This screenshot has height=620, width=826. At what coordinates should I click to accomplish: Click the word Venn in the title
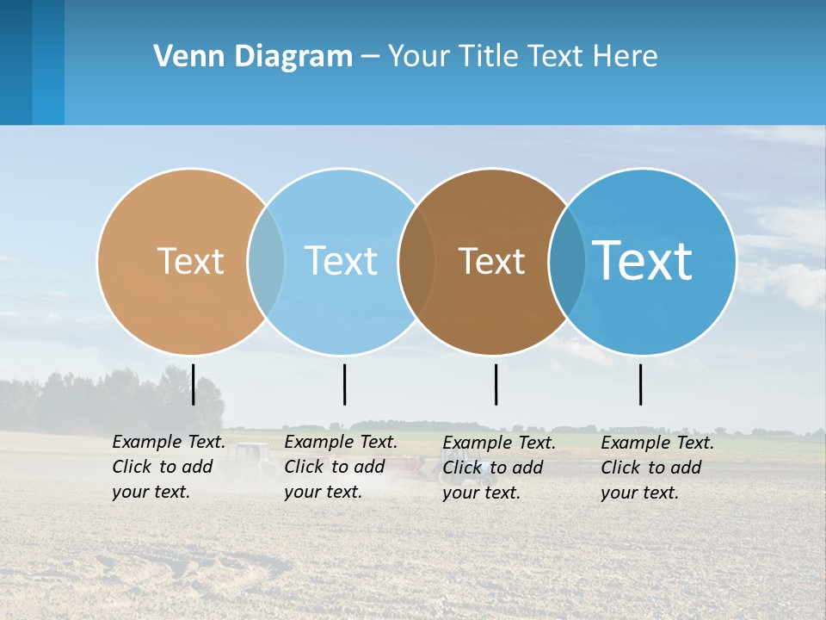click(x=182, y=57)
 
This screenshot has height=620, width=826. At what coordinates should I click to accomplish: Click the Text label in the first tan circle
click(x=190, y=261)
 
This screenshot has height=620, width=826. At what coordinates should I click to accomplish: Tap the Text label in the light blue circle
click(x=341, y=261)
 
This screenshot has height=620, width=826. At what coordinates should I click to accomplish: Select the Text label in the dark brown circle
click(x=491, y=261)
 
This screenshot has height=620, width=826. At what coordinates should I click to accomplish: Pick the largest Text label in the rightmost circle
click(x=642, y=260)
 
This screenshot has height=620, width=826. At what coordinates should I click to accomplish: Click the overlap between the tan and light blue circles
click(x=266, y=261)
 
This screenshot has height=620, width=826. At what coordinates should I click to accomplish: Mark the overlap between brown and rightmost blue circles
click(x=564, y=261)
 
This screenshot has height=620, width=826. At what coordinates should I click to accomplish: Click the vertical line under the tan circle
click(x=194, y=384)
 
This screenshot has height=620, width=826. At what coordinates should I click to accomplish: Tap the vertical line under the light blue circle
click(x=344, y=384)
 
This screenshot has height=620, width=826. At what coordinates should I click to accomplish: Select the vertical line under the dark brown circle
click(x=496, y=384)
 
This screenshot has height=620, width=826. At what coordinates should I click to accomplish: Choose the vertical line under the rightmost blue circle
click(x=640, y=384)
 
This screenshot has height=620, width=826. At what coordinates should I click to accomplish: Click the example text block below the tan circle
click(x=168, y=467)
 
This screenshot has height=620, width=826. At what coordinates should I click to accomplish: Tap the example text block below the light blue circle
click(x=340, y=467)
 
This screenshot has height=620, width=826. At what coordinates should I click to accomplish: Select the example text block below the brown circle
click(x=498, y=468)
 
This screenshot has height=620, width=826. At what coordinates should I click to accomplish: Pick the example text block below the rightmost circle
click(x=656, y=468)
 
